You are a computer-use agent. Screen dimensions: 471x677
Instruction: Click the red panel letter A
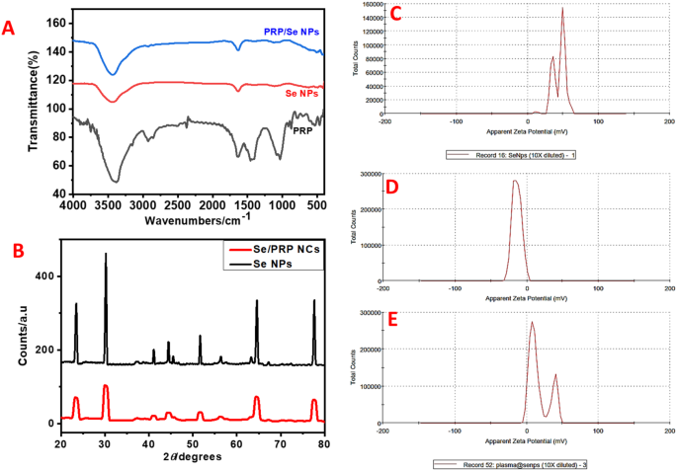coord(11,29)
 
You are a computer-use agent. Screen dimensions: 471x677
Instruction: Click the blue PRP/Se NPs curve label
coord(292,32)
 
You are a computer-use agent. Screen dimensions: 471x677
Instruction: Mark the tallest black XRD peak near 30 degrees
coord(106,255)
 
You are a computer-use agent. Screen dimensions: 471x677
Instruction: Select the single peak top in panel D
coord(515,181)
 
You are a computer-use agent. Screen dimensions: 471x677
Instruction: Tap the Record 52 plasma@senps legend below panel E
coord(513,463)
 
